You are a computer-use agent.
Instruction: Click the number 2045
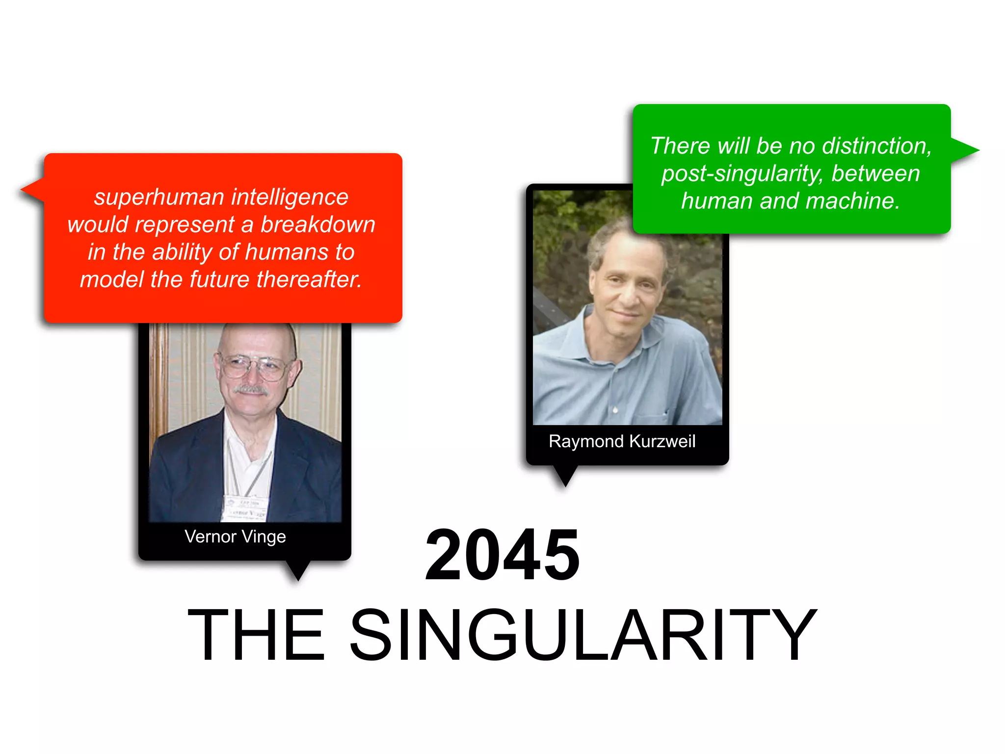[502, 556]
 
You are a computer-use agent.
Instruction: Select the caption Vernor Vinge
[235, 537]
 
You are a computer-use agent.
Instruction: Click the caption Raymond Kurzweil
[622, 441]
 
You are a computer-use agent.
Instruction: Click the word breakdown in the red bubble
[317, 225]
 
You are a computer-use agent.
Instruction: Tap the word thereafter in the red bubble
[309, 280]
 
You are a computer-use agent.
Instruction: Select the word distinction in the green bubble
[876, 146]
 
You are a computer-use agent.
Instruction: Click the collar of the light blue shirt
[638, 339]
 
